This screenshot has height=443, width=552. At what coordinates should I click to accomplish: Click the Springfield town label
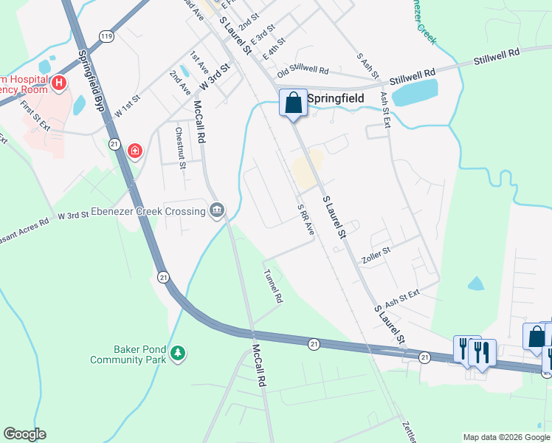[337, 97]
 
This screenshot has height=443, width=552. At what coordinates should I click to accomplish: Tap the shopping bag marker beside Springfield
[293, 103]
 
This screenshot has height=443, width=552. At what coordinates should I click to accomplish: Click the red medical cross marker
[134, 151]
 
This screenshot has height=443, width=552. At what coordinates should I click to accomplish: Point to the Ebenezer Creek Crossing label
[150, 212]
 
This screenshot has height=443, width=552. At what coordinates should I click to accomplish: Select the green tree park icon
[177, 354]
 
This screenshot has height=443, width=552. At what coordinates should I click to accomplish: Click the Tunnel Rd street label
[274, 286]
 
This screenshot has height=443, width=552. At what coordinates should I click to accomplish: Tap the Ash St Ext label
[401, 297]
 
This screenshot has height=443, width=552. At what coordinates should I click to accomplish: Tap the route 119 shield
[108, 35]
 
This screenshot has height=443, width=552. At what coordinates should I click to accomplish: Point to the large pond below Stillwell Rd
[415, 92]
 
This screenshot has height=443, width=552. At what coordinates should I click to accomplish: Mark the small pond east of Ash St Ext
[476, 284]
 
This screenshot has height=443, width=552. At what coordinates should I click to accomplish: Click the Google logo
[24, 434]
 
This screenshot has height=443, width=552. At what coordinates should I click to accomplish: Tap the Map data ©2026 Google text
[506, 437]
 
